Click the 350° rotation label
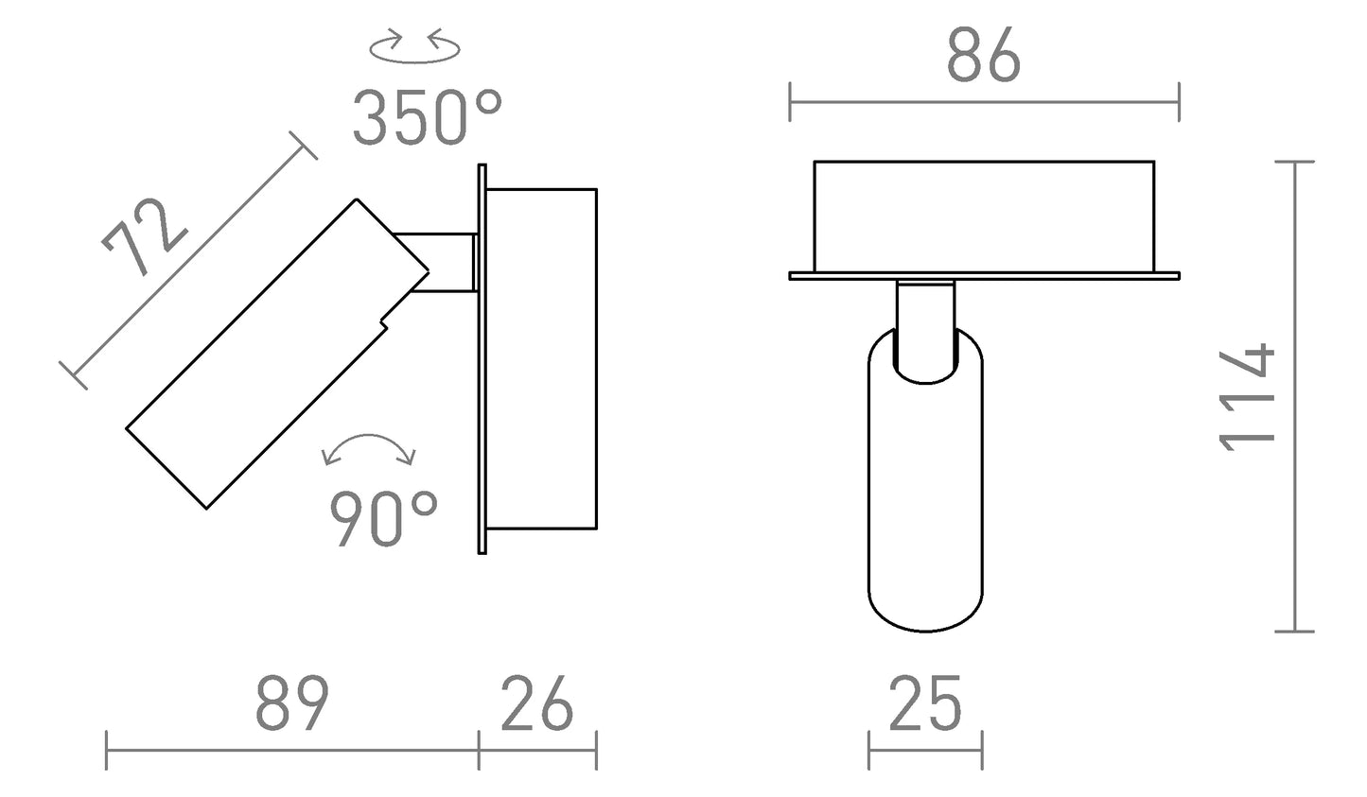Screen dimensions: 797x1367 pyautogui.click(x=426, y=117)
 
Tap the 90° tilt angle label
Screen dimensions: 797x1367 pyautogui.click(x=383, y=519)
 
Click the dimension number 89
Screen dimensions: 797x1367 pyautogui.click(x=291, y=704)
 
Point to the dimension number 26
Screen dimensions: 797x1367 pyautogui.click(x=536, y=704)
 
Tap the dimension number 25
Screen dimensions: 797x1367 pyautogui.click(x=924, y=704)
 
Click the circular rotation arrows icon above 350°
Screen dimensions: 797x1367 pyautogui.click(x=414, y=48)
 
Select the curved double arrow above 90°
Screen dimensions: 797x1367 pyautogui.click(x=369, y=448)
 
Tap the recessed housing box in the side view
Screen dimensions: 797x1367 pyautogui.click(x=543, y=358)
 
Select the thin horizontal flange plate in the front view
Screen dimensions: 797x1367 pyautogui.click(x=984, y=275)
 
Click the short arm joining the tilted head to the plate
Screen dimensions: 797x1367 pyautogui.click(x=445, y=262)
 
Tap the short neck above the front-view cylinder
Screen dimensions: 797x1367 pyautogui.click(x=925, y=312)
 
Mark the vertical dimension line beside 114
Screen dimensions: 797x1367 pyautogui.click(x=1293, y=397)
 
